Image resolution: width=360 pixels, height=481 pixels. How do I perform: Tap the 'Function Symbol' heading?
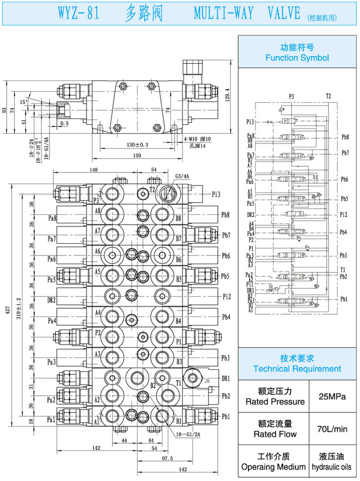click(297, 58)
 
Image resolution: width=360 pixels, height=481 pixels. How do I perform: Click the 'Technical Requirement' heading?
click(297, 369)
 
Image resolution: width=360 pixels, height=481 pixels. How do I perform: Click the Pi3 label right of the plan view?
click(216, 194)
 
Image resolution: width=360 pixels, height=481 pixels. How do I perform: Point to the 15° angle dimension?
click(24, 102)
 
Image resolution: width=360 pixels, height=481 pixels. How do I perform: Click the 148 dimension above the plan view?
click(94, 170)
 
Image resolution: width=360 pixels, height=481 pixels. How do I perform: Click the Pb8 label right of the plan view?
click(226, 215)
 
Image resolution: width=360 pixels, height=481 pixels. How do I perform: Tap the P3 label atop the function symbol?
click(292, 96)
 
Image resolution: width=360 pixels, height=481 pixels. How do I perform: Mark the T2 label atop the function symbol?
click(328, 96)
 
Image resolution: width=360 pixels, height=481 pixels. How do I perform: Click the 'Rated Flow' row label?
click(275, 434)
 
